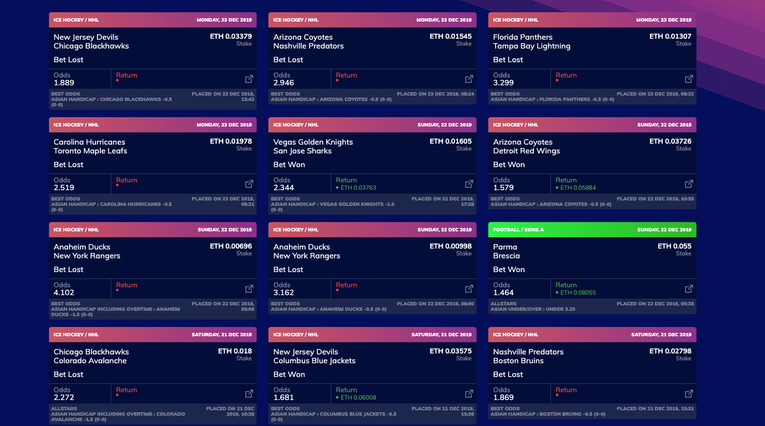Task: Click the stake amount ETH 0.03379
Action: [231, 36]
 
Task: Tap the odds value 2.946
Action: [284, 83]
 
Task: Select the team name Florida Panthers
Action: [523, 37]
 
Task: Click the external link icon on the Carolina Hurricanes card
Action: [249, 184]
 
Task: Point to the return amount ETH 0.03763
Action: [358, 188]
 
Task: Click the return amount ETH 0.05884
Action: [578, 188]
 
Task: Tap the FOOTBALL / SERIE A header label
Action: [518, 230]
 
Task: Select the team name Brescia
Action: [506, 256]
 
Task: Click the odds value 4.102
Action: [64, 293]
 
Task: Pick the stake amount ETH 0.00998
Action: [451, 246]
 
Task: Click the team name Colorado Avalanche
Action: [90, 361]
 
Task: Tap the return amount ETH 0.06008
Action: [358, 398]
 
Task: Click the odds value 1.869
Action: [503, 398]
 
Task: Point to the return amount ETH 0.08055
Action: [578, 293]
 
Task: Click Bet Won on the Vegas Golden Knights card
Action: [289, 165]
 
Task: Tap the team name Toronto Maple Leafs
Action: [90, 151]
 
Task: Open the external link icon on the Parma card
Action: [689, 289]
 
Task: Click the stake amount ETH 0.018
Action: [235, 351]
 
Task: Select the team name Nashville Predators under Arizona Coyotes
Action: [309, 46]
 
